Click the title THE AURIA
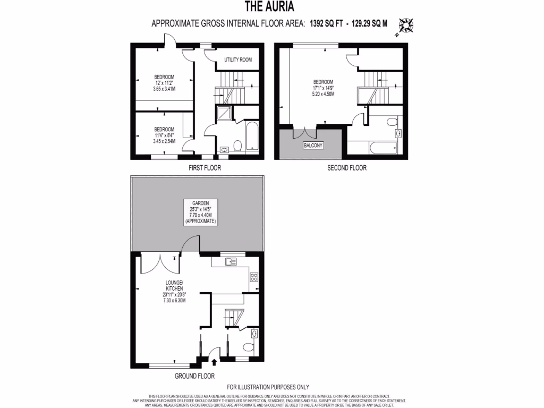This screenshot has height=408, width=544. click(268, 7)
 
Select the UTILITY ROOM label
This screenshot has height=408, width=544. click(238, 59)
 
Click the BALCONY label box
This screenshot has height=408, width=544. click(313, 145)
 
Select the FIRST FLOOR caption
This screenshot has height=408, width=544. click(205, 168)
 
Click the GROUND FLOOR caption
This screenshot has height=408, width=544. click(194, 376)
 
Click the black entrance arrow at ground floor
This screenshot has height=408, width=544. click(214, 362)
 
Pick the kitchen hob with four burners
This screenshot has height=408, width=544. click(254, 276)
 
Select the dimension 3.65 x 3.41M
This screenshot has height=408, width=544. click(164, 88)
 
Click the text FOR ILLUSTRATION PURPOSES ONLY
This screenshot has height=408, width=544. click(268, 387)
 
